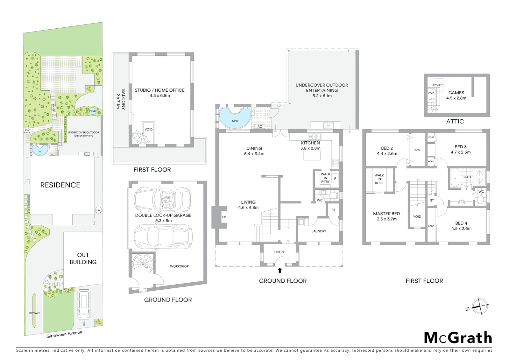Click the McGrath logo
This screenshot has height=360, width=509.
458,338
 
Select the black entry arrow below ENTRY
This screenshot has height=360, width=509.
280,270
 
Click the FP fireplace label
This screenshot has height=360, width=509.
224,217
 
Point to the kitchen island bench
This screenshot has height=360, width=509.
312,155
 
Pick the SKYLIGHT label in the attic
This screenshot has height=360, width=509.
437,85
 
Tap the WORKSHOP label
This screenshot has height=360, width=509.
179,266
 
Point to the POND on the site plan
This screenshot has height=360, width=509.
93,111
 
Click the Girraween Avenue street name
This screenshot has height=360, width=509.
64,334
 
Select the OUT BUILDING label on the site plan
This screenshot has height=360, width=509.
83,258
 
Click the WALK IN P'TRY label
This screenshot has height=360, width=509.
325,178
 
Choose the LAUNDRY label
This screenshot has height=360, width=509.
319,231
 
